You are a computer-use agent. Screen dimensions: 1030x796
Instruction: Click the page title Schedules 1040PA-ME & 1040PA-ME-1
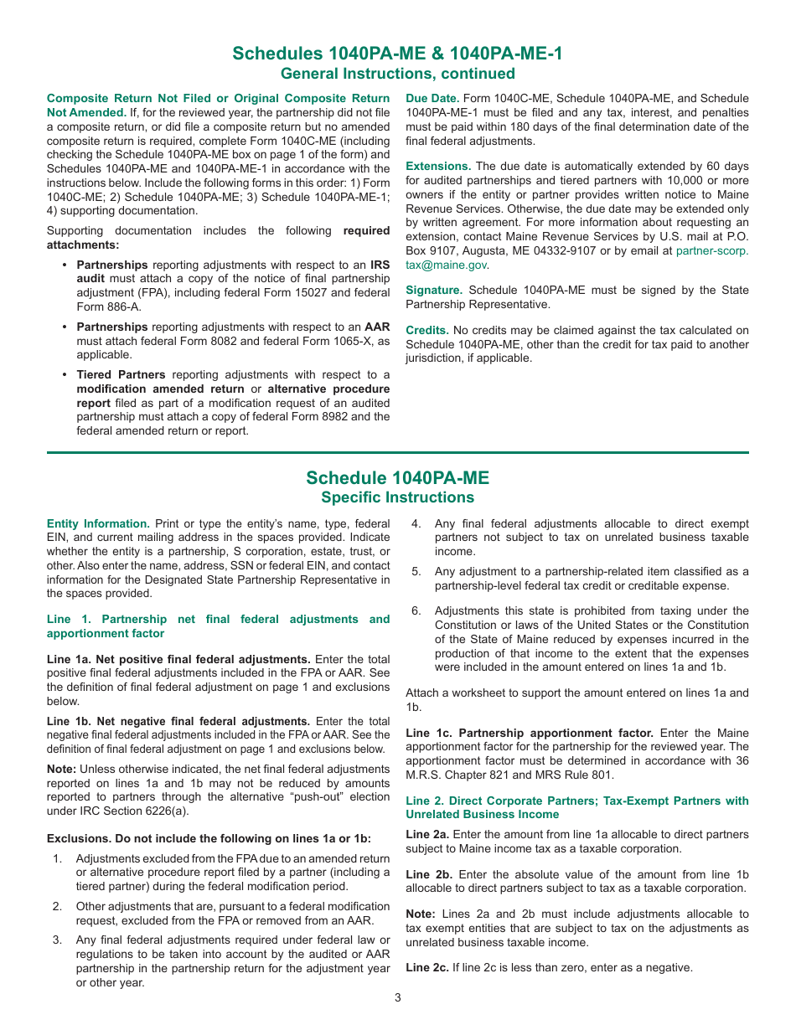click(398, 54)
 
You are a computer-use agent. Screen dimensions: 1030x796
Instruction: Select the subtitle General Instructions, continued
click(398, 74)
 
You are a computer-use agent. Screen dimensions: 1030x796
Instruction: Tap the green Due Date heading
click(432, 99)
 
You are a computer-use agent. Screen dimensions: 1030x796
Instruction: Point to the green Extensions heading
click(438, 166)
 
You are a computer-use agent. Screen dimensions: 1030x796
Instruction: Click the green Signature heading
click(434, 290)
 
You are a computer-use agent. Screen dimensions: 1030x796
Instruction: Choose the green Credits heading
click(427, 330)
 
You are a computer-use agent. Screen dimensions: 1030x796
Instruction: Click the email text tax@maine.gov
click(446, 265)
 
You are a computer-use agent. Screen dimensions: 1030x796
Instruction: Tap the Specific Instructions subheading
click(398, 497)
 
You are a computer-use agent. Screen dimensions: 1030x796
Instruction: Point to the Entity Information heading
click(98, 523)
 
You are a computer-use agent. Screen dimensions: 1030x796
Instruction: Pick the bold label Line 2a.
click(427, 834)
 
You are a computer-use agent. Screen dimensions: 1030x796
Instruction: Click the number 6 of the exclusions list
click(416, 610)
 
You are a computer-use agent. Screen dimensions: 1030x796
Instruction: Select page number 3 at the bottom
click(398, 997)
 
